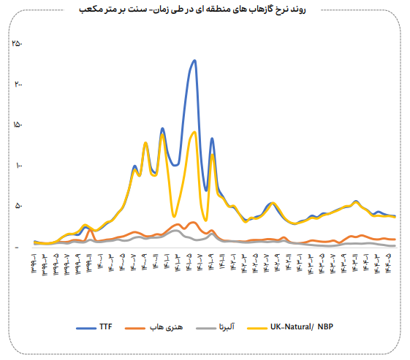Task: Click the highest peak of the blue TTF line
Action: (194, 61)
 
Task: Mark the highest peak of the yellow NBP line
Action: (194, 132)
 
